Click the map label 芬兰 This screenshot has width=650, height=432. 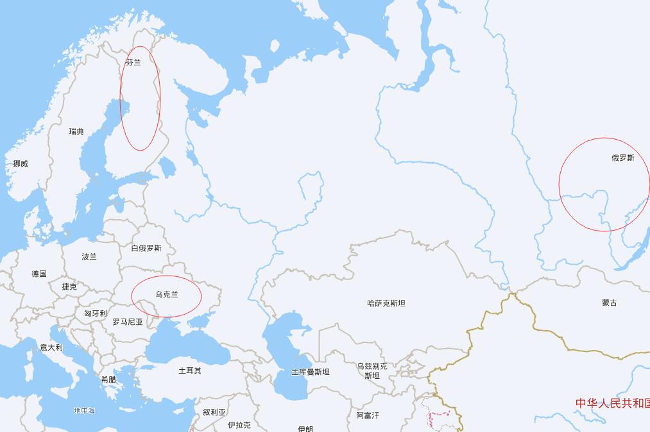133,63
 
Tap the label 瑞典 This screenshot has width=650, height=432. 76,131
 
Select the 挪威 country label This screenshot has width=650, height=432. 21,164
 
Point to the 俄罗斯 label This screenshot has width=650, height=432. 622,158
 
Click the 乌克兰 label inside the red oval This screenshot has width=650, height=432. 167,295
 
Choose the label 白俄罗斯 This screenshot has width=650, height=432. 146,248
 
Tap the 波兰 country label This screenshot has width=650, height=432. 89,256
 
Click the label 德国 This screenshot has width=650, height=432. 39,274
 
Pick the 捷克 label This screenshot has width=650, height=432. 69,287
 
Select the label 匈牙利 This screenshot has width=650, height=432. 96,313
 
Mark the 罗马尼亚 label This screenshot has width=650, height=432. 128,322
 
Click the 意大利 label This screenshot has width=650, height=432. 51,347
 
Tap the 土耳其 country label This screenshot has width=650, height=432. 190,370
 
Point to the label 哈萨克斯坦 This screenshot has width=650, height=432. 386,303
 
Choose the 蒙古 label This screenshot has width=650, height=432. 610,303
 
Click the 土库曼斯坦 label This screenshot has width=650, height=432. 311,372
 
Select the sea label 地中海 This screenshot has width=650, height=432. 84,410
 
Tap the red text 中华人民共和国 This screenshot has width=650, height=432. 612,403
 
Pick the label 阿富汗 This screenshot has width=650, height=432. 368,415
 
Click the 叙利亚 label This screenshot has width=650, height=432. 214,412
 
